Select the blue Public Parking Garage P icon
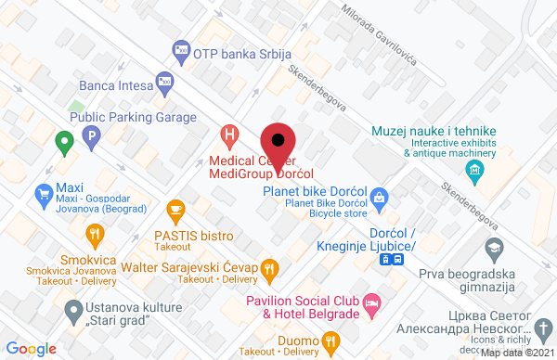[91, 138]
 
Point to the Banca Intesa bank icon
[164, 84]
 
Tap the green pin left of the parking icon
[63, 144]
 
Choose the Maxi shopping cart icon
[43, 194]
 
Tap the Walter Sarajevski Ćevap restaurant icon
[269, 269]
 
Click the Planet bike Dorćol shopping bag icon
[379, 197]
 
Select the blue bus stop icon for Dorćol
[393, 260]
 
